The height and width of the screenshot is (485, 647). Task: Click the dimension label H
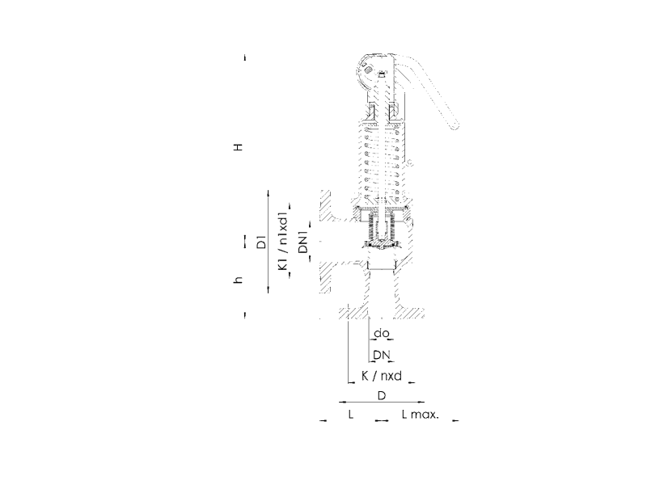[x=238, y=147]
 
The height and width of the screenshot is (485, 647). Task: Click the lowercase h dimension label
[x=238, y=280]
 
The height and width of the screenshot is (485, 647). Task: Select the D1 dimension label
[x=261, y=242]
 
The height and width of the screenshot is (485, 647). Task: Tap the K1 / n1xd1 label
[x=282, y=242]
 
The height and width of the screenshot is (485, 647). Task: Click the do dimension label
[x=381, y=333]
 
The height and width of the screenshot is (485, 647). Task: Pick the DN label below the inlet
[x=382, y=355]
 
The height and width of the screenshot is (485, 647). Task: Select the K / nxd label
[x=382, y=376]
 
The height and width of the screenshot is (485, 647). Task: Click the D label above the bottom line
[x=382, y=395]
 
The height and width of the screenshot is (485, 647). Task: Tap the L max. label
[x=421, y=414]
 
